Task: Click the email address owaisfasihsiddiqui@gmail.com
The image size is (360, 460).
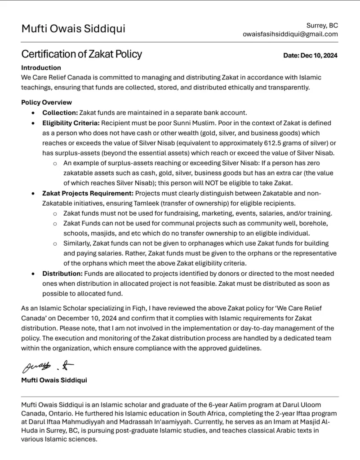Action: coord(290,34)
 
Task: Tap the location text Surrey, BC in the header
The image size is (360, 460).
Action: coord(322,25)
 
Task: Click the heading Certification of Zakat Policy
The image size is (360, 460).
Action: coord(81,54)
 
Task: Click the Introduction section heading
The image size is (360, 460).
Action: coord(41,68)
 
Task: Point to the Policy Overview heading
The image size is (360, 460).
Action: coord(46,102)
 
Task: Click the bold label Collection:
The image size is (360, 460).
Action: coord(60,112)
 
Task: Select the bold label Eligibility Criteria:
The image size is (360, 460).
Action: coord(71,123)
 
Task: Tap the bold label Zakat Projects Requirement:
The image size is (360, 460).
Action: coord(88,193)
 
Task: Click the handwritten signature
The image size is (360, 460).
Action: coord(48,367)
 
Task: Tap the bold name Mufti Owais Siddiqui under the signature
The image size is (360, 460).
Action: coord(54,380)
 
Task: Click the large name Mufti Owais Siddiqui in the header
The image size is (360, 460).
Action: coord(73,29)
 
